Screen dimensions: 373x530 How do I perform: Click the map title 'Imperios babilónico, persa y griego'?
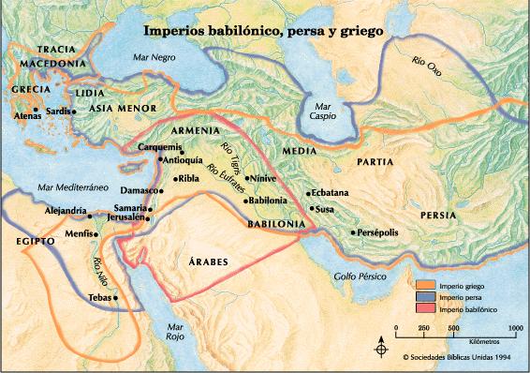(263, 30)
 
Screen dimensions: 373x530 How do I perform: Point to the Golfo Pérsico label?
(361, 277)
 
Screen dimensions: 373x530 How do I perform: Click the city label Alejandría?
(66, 211)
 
